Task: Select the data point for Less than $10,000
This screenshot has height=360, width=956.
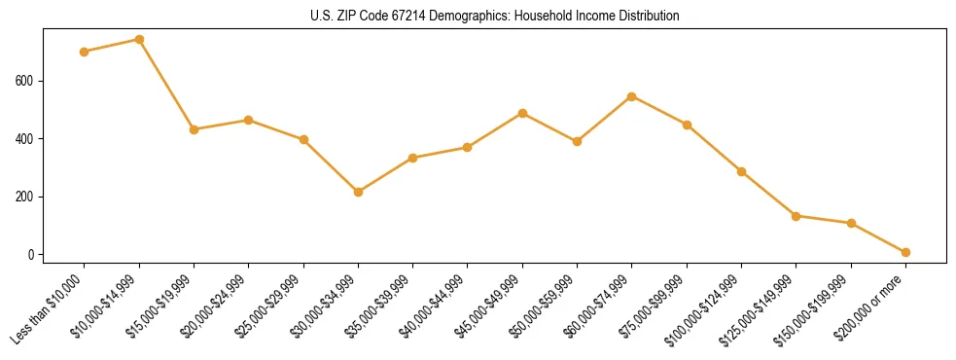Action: click(x=85, y=52)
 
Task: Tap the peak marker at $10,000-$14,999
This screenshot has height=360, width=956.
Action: click(x=139, y=40)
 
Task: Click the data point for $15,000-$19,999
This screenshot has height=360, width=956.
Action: click(x=194, y=129)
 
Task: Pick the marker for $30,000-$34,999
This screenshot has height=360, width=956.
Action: click(x=358, y=192)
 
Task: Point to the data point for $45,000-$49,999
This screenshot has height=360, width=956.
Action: click(x=522, y=113)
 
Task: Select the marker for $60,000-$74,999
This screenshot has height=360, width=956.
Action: click(x=632, y=96)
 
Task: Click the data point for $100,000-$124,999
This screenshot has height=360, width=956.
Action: click(x=741, y=171)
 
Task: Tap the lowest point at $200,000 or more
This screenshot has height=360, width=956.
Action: click(x=905, y=252)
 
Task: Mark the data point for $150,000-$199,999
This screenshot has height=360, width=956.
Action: click(x=851, y=223)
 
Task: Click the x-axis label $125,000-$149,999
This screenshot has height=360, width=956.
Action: click(x=761, y=309)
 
